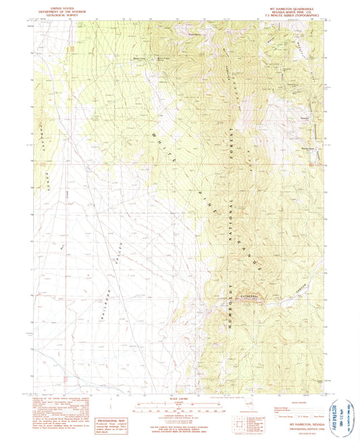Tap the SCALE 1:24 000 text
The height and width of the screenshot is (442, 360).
pyautogui.click(x=179, y=396)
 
